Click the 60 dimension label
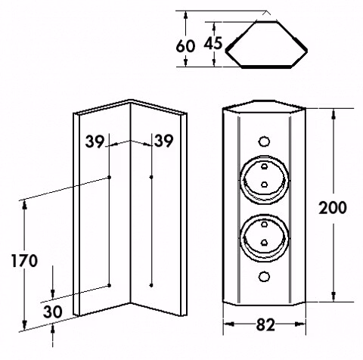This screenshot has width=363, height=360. (x=185, y=46)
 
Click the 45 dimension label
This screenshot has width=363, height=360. (x=213, y=43)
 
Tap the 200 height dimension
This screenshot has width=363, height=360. (x=333, y=208)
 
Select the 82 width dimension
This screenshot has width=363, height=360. (x=265, y=324)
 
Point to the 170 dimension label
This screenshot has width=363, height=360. (x=24, y=261)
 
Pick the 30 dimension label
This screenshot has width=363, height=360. (x=52, y=312)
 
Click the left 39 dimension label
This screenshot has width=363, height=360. (x=95, y=141)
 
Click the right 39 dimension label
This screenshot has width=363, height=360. (x=164, y=141)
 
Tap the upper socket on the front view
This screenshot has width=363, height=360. (x=264, y=180)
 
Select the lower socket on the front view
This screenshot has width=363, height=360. (x=264, y=238)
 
